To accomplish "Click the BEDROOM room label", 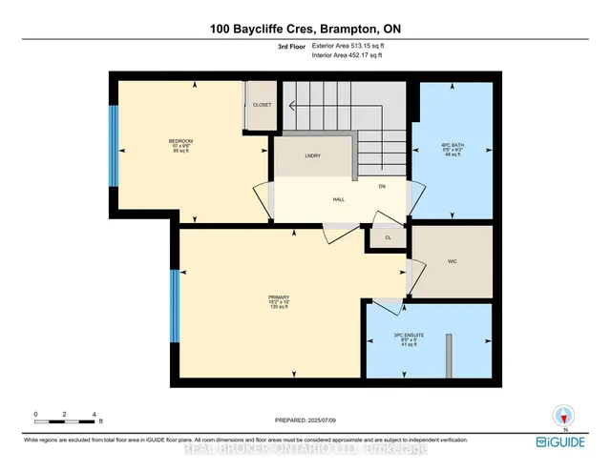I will pos(180,141).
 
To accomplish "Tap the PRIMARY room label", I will pos(279,297).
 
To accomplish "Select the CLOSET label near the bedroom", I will pos(262,105).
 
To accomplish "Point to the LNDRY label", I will pos(311,154).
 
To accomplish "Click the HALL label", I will pos(311,200).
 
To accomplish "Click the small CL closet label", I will pos(388,237).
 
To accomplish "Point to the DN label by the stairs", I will pos(381,186).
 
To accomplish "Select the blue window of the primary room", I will pos(175,306).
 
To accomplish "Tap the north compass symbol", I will pos(564,416).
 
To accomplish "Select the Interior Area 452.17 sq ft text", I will pos(348,55).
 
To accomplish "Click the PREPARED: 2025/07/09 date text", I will pos(305,419).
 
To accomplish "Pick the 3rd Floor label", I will pos(291,45).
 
